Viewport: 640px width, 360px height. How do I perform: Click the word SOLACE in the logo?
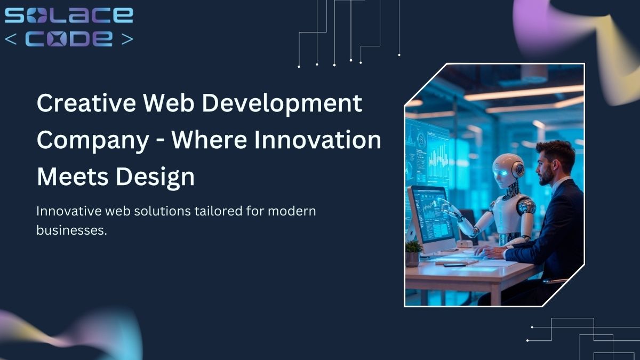click(69, 15)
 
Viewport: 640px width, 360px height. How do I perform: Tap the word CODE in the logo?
click(69, 38)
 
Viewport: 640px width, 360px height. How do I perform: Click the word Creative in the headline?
click(86, 103)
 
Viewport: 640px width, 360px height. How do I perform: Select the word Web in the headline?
click(169, 103)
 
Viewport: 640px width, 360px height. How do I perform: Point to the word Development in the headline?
click(282, 105)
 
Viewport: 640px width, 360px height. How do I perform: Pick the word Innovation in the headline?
click(317, 140)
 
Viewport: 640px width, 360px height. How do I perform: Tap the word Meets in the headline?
click(73, 177)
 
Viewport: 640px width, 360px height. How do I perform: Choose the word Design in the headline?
click(155, 178)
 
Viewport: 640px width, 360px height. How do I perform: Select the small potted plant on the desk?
click(413, 253)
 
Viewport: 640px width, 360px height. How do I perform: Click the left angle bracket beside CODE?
click(11, 39)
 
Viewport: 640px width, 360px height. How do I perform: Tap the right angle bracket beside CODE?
click(127, 39)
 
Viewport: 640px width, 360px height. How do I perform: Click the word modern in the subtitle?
click(292, 211)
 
